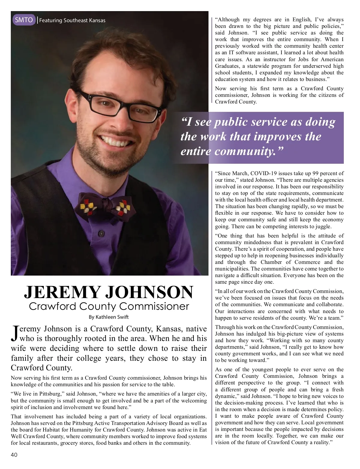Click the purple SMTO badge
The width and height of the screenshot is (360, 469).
pos(24,20)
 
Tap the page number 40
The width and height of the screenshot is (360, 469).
pos(14,455)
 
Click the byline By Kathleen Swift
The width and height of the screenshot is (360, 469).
pos(109,317)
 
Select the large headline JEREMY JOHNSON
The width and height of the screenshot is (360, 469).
pos(109,292)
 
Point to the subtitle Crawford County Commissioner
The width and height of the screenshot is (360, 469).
pos(109,306)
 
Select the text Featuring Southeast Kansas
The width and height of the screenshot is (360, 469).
pos(72,20)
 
